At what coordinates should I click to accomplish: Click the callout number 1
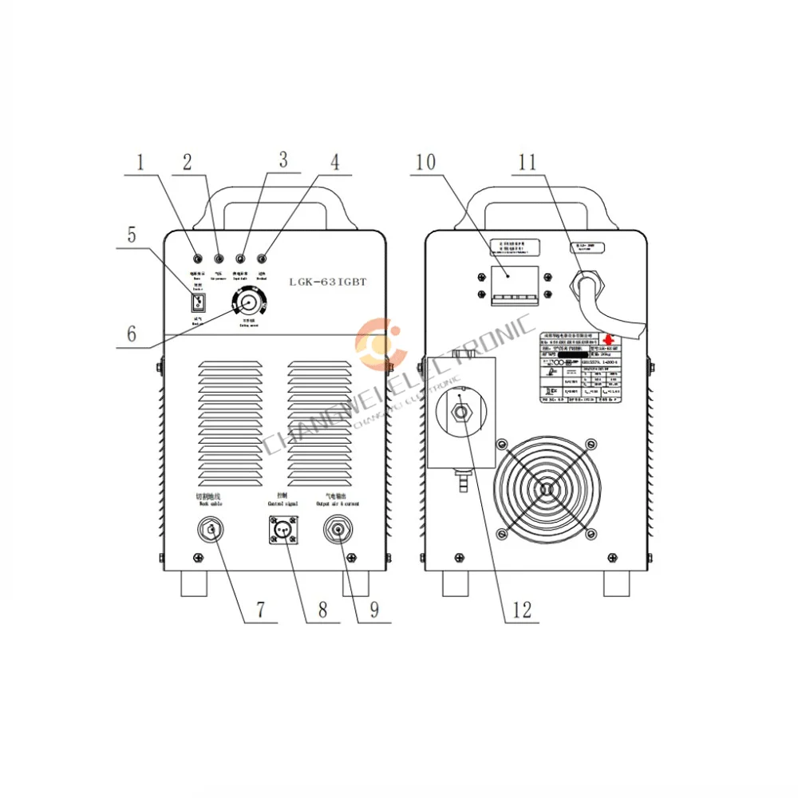[x=141, y=163]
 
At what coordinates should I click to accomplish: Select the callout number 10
[x=425, y=162]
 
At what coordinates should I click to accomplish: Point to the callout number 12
[x=522, y=610]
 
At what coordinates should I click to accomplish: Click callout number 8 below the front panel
[x=323, y=610]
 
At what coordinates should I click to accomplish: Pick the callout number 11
[x=527, y=162]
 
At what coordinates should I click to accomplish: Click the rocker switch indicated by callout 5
[x=199, y=302]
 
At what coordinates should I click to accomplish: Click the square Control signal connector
[x=285, y=531]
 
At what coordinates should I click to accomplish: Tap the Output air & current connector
[x=341, y=531]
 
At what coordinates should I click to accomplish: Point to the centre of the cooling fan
[x=546, y=489]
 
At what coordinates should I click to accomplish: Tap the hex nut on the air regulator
[x=461, y=412]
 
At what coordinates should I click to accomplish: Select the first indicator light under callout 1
[x=197, y=259]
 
